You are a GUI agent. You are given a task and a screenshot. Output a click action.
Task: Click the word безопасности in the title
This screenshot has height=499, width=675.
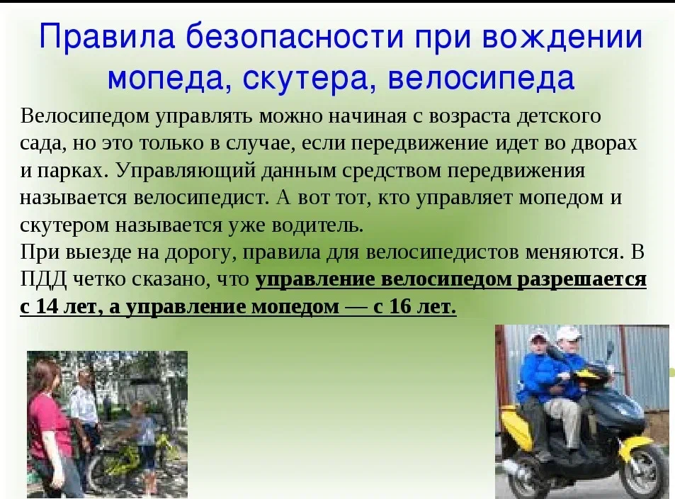pos(295,37)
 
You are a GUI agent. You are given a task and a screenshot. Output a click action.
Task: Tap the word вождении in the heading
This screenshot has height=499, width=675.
pos(562,37)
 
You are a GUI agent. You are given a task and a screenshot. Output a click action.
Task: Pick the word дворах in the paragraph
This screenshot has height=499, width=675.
pos(604,143)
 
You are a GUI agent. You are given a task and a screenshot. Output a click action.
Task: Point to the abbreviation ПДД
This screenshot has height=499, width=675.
pos(43,279)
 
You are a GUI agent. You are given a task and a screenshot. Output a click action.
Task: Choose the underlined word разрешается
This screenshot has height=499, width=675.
pos(582,279)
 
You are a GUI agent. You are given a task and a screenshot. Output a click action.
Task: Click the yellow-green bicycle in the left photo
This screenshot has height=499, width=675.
pos(129,456)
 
